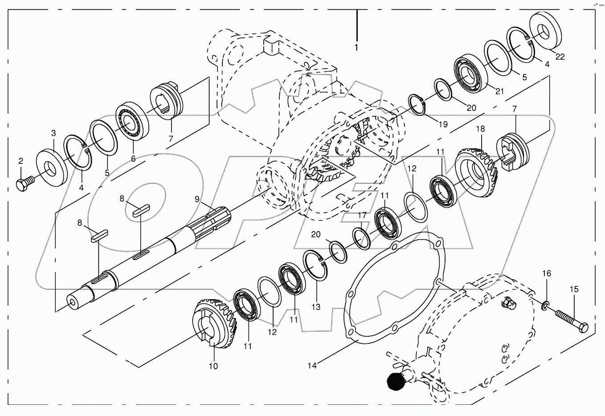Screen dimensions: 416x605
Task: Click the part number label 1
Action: pyautogui.click(x=356, y=47)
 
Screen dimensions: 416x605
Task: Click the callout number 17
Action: pyautogui.click(x=362, y=215)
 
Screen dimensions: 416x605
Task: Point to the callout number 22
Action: pyautogui.click(x=560, y=57)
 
